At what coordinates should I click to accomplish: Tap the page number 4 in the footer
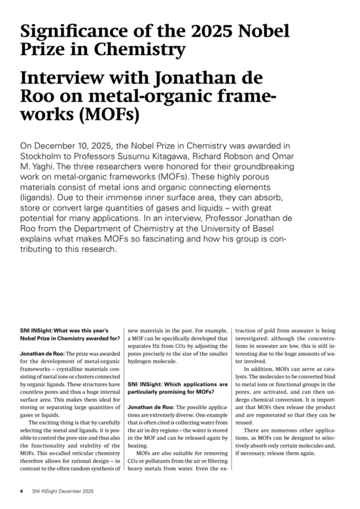point(21,489)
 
